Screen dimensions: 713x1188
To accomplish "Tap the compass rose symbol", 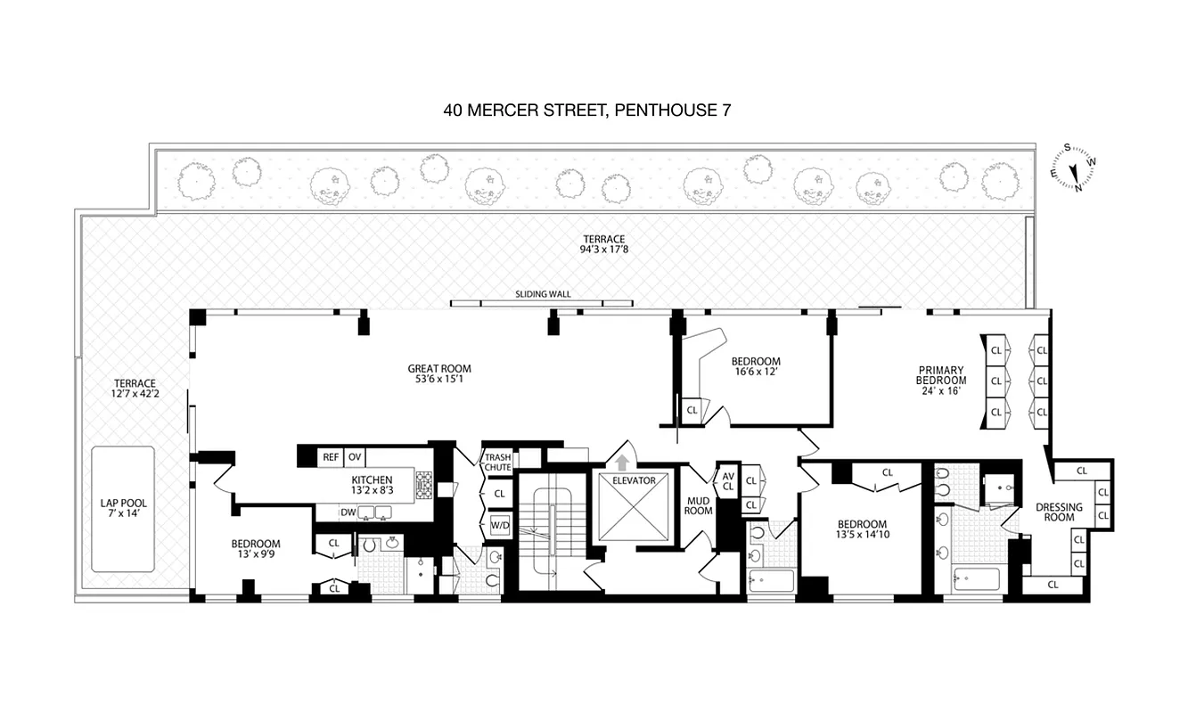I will click(1073, 168).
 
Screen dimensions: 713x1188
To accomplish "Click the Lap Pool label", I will click(122, 508).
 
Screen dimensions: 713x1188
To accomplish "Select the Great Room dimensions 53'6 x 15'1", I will click(438, 381).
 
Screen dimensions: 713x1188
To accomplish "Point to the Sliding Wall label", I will click(543, 294).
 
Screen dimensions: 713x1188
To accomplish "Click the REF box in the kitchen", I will click(331, 457).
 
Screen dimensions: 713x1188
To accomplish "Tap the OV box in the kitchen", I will click(354, 457).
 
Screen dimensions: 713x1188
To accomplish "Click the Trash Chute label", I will click(497, 463).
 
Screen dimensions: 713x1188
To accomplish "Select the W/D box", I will click(498, 525).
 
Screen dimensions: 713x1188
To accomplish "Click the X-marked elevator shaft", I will click(633, 514).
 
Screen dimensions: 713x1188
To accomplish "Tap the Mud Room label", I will click(698, 506).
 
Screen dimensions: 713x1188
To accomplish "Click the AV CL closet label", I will click(727, 481).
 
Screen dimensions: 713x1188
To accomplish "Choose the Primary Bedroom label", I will click(941, 381).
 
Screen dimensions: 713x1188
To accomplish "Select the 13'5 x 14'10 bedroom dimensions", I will click(862, 536).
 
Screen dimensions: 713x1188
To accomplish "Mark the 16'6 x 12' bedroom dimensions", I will click(755, 373).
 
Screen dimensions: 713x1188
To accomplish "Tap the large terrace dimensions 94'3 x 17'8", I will click(603, 250).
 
